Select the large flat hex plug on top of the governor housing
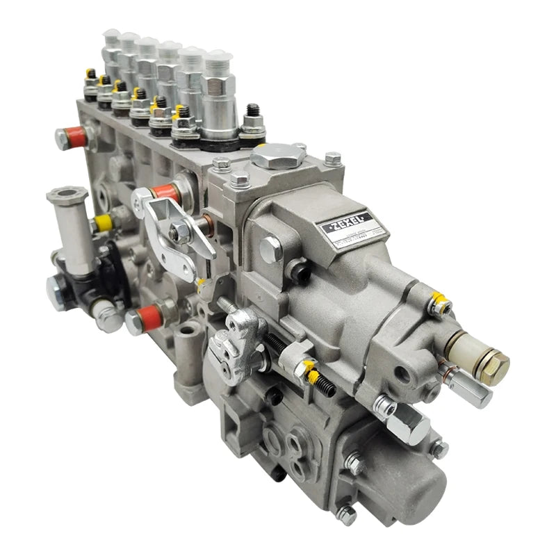pyautogui.click(x=277, y=155)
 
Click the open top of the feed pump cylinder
pyautogui.click(x=67, y=193)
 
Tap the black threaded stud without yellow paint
pyautogui.click(x=253, y=113)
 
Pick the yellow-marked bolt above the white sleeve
pyautogui.click(x=439, y=304)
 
